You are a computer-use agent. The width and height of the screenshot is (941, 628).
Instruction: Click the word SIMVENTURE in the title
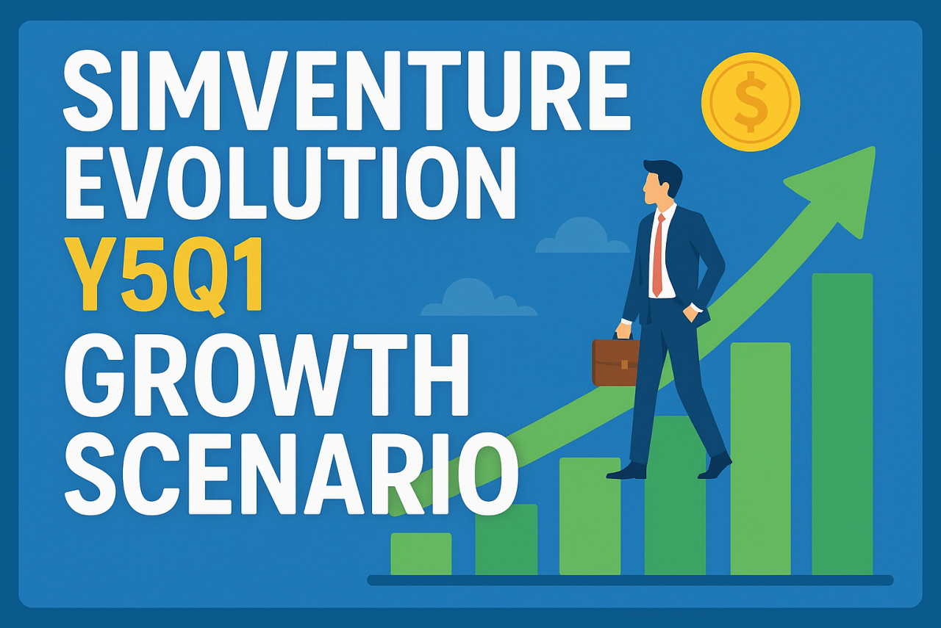[347, 90]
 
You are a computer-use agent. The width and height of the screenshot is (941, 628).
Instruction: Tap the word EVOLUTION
[290, 181]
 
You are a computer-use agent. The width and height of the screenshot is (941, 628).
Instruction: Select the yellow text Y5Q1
[164, 275]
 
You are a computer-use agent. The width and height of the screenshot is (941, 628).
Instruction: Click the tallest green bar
[842, 424]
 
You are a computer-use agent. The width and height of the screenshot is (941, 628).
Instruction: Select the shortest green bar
[421, 554]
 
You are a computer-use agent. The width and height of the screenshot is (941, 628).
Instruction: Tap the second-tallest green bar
[760, 458]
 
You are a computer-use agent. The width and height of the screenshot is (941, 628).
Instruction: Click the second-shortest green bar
[507, 539]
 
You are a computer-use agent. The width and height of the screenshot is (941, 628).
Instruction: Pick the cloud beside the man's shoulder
[583, 237]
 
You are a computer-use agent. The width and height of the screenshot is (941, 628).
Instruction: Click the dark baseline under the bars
[630, 580]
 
